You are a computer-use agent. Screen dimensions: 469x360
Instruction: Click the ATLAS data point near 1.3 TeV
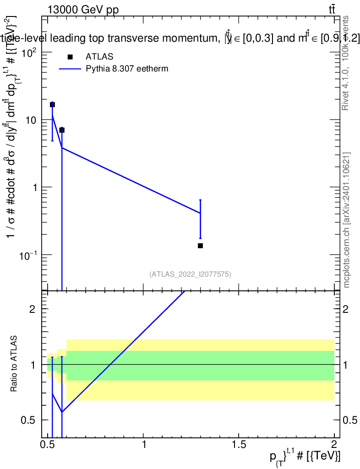click(200, 245)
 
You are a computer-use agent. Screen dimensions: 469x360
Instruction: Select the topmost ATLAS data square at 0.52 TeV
click(52, 104)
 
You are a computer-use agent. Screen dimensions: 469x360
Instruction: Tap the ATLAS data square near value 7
click(62, 130)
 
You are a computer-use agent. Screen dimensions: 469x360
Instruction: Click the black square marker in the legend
click(70, 57)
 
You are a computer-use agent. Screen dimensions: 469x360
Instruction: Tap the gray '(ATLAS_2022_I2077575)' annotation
click(190, 274)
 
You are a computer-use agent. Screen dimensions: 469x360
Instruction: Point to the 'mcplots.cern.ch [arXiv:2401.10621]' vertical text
click(347, 220)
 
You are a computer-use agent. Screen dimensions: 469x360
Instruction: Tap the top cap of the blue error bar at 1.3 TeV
click(200, 200)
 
